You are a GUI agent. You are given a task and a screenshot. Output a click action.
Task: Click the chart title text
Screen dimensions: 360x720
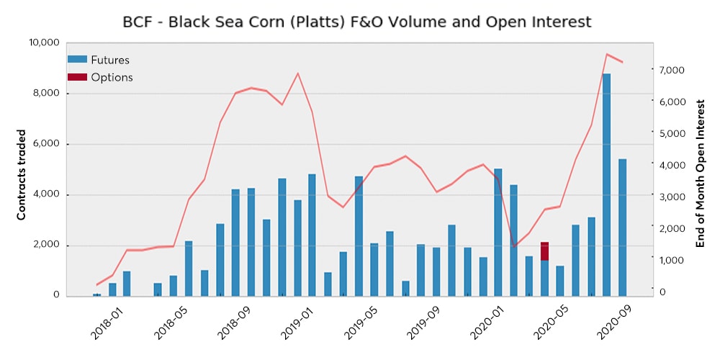(357, 22)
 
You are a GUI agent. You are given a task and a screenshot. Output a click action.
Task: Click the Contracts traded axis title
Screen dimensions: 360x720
(22, 174)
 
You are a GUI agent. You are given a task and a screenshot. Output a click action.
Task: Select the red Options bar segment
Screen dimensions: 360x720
(545, 251)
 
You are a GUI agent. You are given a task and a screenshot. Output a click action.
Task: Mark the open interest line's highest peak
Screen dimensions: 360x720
(607, 54)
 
